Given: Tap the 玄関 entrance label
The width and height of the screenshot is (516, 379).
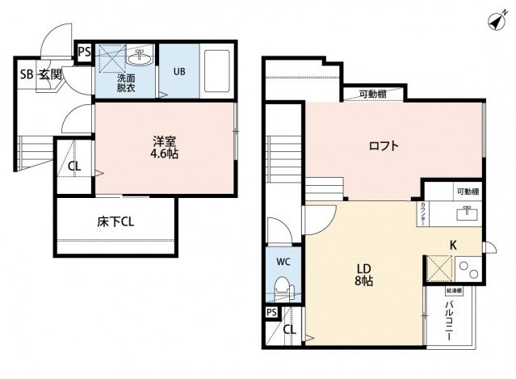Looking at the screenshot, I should tap(52, 74).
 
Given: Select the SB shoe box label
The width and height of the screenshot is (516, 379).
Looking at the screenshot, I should tap(27, 74).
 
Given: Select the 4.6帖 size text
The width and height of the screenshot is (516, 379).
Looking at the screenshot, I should tap(166, 154).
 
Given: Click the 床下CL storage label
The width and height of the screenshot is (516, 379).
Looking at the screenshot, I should tap(116, 221).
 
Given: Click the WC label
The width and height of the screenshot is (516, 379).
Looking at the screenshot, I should tap(283, 262).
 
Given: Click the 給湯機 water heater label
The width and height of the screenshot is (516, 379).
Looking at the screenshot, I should tap(454, 288).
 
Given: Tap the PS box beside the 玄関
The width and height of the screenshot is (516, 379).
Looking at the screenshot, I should tap(84, 53).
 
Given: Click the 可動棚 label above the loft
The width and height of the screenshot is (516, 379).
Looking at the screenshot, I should tap(371, 95).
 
